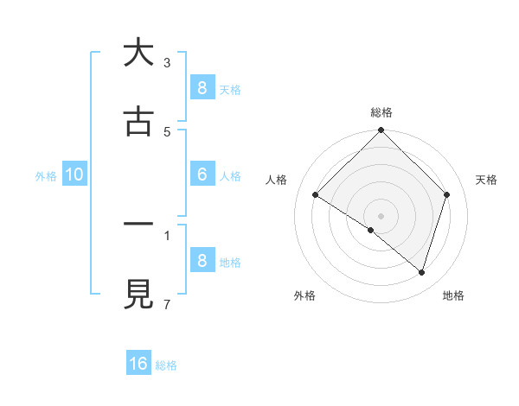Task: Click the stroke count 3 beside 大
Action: pos(167,62)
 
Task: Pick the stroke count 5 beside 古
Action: pos(167,131)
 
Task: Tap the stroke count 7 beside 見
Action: pos(167,304)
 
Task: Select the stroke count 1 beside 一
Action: pos(167,234)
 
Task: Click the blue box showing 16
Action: pos(138,364)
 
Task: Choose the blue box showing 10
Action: pos(74,174)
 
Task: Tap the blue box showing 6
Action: pos(202,174)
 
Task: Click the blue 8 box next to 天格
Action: pos(202,87)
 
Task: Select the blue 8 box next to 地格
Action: pos(202,261)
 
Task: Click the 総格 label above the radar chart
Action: pos(381,112)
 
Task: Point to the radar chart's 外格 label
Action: pos(304,295)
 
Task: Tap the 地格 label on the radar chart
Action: pos(453,295)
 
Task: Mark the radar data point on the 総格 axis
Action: pos(381,132)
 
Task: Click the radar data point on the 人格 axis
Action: pos(316,195)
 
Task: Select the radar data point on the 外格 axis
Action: pos(371,230)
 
